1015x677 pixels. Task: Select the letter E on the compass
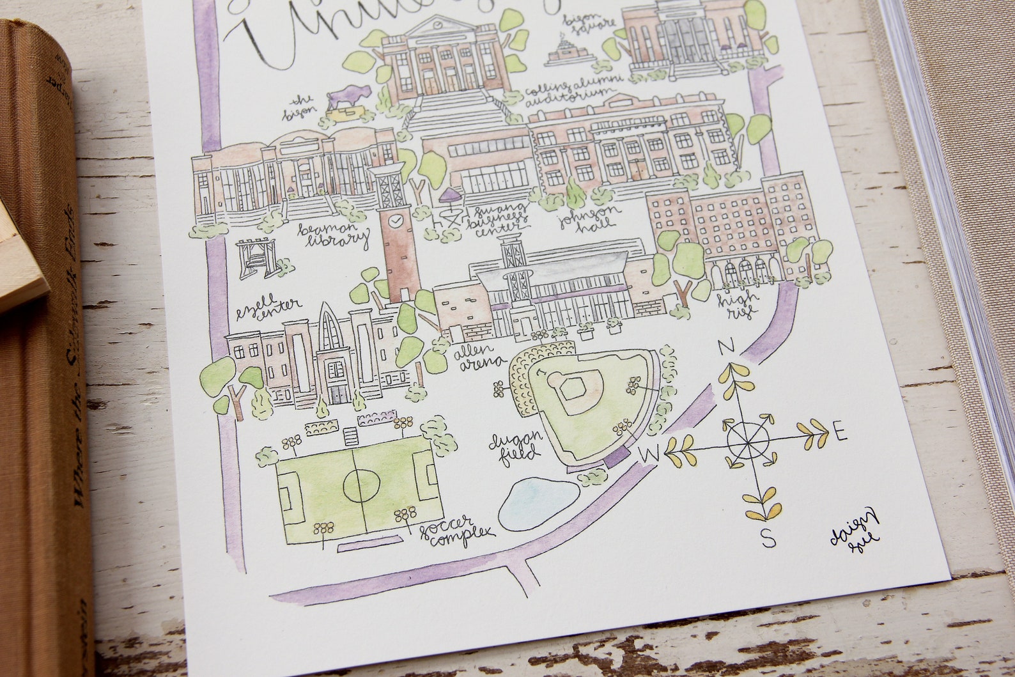tap(841, 435)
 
